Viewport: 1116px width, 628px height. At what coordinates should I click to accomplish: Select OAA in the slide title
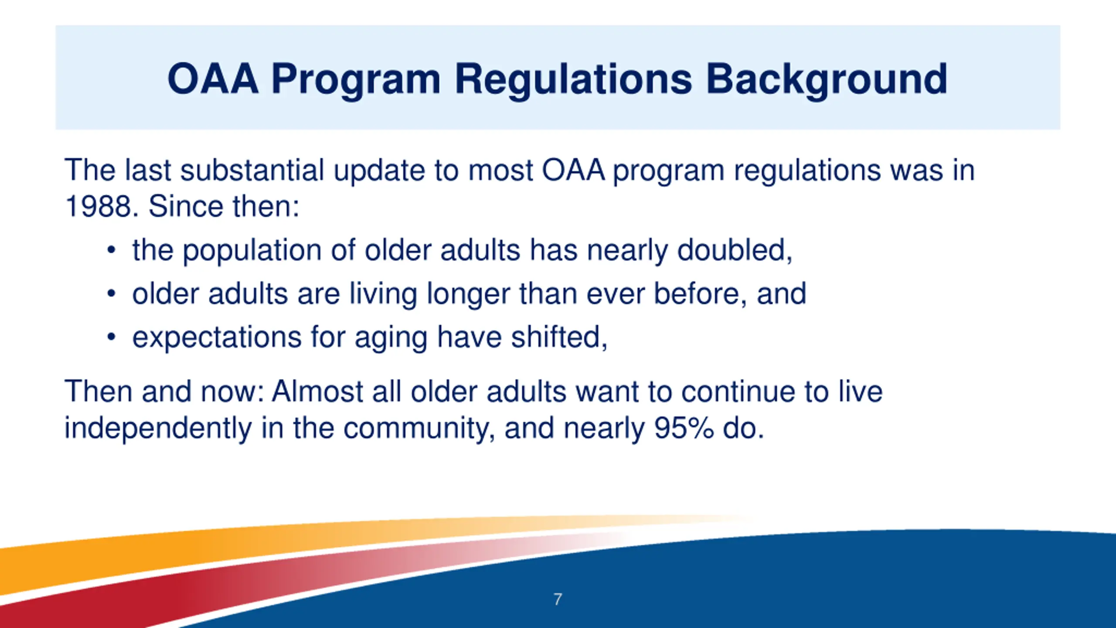(213, 79)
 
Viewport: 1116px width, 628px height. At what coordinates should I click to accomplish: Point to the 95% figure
(684, 428)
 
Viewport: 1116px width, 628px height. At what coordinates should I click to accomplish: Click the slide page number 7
(558, 599)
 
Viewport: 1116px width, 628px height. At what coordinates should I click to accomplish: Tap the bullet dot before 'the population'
(112, 250)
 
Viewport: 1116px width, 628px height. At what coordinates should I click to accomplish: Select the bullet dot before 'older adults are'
(112, 294)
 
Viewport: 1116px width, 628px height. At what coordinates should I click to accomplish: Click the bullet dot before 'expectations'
(112, 337)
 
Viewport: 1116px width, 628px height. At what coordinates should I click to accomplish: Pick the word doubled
(735, 250)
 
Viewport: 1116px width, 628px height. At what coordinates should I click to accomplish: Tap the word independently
(158, 428)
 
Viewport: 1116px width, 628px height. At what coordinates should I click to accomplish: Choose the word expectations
(217, 338)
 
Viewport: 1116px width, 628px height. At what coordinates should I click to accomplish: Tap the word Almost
(317, 391)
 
